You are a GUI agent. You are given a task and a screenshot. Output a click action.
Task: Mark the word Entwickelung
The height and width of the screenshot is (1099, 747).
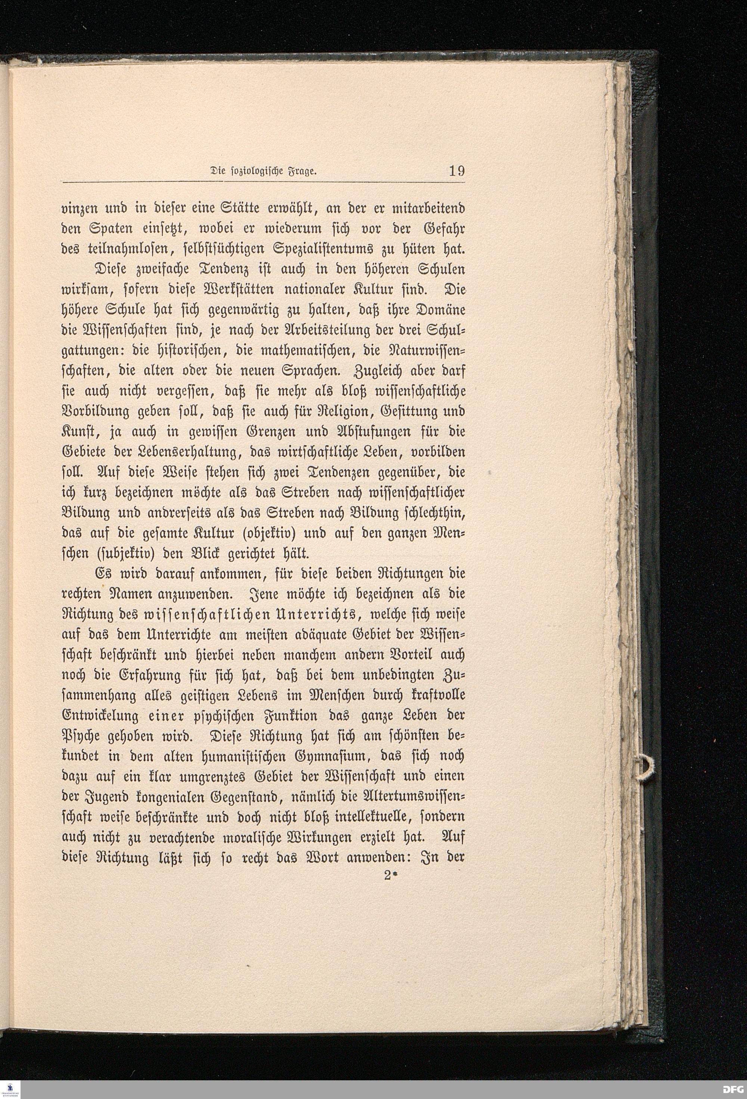[x=100, y=717]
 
